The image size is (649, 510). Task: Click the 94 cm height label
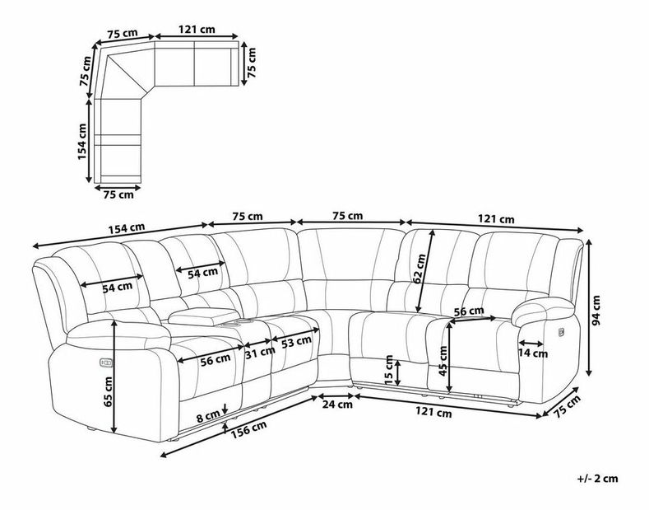[x=596, y=311]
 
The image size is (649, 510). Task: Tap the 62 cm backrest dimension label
[x=420, y=269]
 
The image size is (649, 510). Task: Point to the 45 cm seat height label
[x=443, y=361]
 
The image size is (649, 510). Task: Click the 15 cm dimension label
[x=388, y=369]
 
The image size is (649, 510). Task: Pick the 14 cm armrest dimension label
[x=533, y=353]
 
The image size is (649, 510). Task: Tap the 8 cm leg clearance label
[x=208, y=416]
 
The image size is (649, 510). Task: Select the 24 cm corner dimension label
[x=337, y=404]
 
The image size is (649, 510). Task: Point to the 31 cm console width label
[x=260, y=353]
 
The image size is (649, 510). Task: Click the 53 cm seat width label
[x=296, y=342]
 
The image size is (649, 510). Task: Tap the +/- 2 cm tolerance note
[x=598, y=479]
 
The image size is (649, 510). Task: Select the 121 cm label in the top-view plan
[x=197, y=30]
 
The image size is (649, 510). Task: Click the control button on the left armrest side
[x=105, y=363]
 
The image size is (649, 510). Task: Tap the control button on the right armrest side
[x=561, y=332]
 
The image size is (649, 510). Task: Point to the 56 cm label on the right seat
[x=469, y=311]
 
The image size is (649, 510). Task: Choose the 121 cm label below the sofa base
[x=433, y=412]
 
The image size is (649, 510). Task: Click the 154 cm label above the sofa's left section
[x=127, y=228]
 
